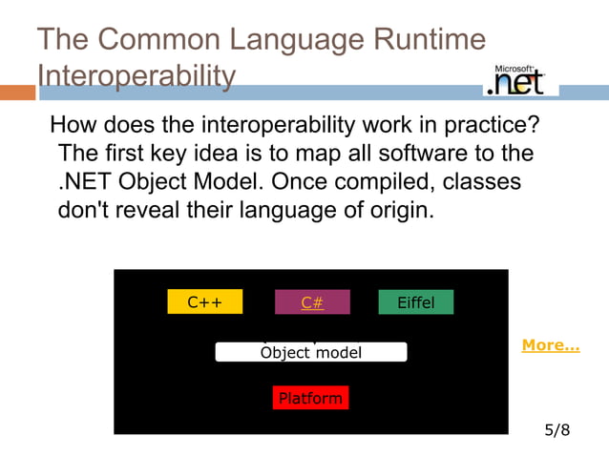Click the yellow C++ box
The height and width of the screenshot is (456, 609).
(204, 302)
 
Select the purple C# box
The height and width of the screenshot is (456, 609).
(312, 302)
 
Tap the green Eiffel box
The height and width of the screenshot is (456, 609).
(415, 302)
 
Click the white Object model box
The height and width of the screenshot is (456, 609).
(311, 352)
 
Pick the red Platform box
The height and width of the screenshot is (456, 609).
(309, 398)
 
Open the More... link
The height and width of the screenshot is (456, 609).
(550, 345)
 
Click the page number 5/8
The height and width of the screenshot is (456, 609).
(556, 430)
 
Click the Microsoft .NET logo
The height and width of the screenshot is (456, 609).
(520, 80)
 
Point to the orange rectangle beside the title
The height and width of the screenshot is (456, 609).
(17, 93)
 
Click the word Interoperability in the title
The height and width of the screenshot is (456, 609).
(136, 74)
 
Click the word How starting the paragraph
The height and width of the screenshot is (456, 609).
(73, 125)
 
